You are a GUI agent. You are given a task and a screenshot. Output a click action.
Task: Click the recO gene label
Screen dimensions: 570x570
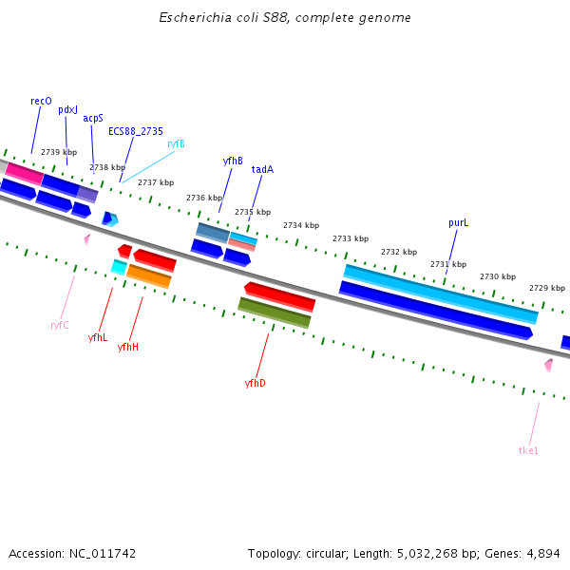click(41, 101)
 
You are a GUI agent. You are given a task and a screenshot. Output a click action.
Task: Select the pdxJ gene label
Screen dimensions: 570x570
click(68, 110)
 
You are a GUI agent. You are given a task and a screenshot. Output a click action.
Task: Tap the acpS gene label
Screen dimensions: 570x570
click(92, 119)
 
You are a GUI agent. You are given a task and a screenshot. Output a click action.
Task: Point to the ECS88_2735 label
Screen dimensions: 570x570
click(135, 132)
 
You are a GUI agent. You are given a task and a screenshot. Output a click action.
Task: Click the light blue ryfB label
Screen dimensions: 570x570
click(176, 143)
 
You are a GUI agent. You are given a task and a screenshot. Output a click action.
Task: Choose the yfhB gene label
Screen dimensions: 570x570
click(233, 161)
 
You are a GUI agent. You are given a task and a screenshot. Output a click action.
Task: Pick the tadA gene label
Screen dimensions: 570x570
click(262, 170)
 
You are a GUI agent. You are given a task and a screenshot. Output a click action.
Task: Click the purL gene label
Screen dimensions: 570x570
click(459, 223)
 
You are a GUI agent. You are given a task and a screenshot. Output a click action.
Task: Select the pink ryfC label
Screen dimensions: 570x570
click(60, 325)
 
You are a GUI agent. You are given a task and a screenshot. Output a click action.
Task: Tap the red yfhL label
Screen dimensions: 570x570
click(98, 337)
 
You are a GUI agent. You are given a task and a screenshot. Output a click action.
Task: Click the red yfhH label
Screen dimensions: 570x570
click(128, 348)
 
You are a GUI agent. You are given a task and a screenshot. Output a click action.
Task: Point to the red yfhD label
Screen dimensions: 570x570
click(255, 383)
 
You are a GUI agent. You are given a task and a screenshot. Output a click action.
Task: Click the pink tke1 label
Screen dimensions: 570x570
click(528, 450)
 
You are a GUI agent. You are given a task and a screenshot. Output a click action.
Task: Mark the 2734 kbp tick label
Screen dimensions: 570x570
click(300, 225)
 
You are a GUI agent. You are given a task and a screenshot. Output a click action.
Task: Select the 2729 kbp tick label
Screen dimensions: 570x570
click(546, 288)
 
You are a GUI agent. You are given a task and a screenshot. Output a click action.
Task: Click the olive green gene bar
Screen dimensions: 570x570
click(274, 313)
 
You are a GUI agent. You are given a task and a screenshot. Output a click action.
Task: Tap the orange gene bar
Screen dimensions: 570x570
click(149, 276)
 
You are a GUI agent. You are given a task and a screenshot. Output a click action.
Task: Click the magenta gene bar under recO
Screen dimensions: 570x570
click(24, 174)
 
